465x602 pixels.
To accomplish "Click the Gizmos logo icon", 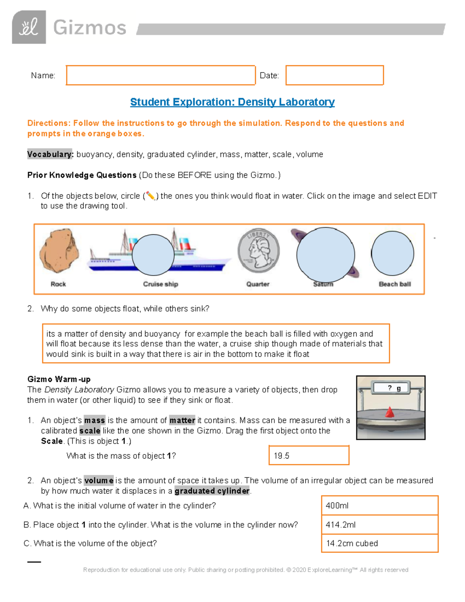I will pyautogui.click(x=29, y=27).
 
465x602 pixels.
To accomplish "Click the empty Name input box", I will pyautogui.click(x=160, y=75).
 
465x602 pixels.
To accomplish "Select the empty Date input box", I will pyautogui.click(x=334, y=75).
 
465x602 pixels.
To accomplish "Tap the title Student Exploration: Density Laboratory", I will pyautogui.click(x=232, y=102).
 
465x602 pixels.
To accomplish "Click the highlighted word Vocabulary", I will pyautogui.click(x=50, y=154).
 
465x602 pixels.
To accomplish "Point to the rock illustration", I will pyautogui.click(x=59, y=251).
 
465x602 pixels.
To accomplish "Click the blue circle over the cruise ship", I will pyautogui.click(x=153, y=255).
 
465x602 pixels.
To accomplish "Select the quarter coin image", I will pyautogui.click(x=258, y=250).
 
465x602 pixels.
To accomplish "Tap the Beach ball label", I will pyautogui.click(x=394, y=284).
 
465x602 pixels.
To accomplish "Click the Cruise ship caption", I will pyautogui.click(x=160, y=284).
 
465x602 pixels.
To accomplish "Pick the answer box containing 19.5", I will pyautogui.click(x=309, y=455).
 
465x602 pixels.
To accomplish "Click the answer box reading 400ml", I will pyautogui.click(x=379, y=505).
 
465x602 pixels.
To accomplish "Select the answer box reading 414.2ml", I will pyautogui.click(x=379, y=524).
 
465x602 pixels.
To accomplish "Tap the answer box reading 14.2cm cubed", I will pyautogui.click(x=379, y=543).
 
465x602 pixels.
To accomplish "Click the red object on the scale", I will pyautogui.click(x=390, y=412).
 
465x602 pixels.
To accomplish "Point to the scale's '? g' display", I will pyautogui.click(x=391, y=388).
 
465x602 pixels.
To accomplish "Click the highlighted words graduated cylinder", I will pyautogui.click(x=212, y=491).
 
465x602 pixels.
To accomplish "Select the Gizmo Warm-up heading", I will pyautogui.click(x=59, y=379).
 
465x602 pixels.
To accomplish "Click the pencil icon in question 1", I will pyautogui.click(x=150, y=196).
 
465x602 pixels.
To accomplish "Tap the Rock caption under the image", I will pyautogui.click(x=58, y=284).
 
